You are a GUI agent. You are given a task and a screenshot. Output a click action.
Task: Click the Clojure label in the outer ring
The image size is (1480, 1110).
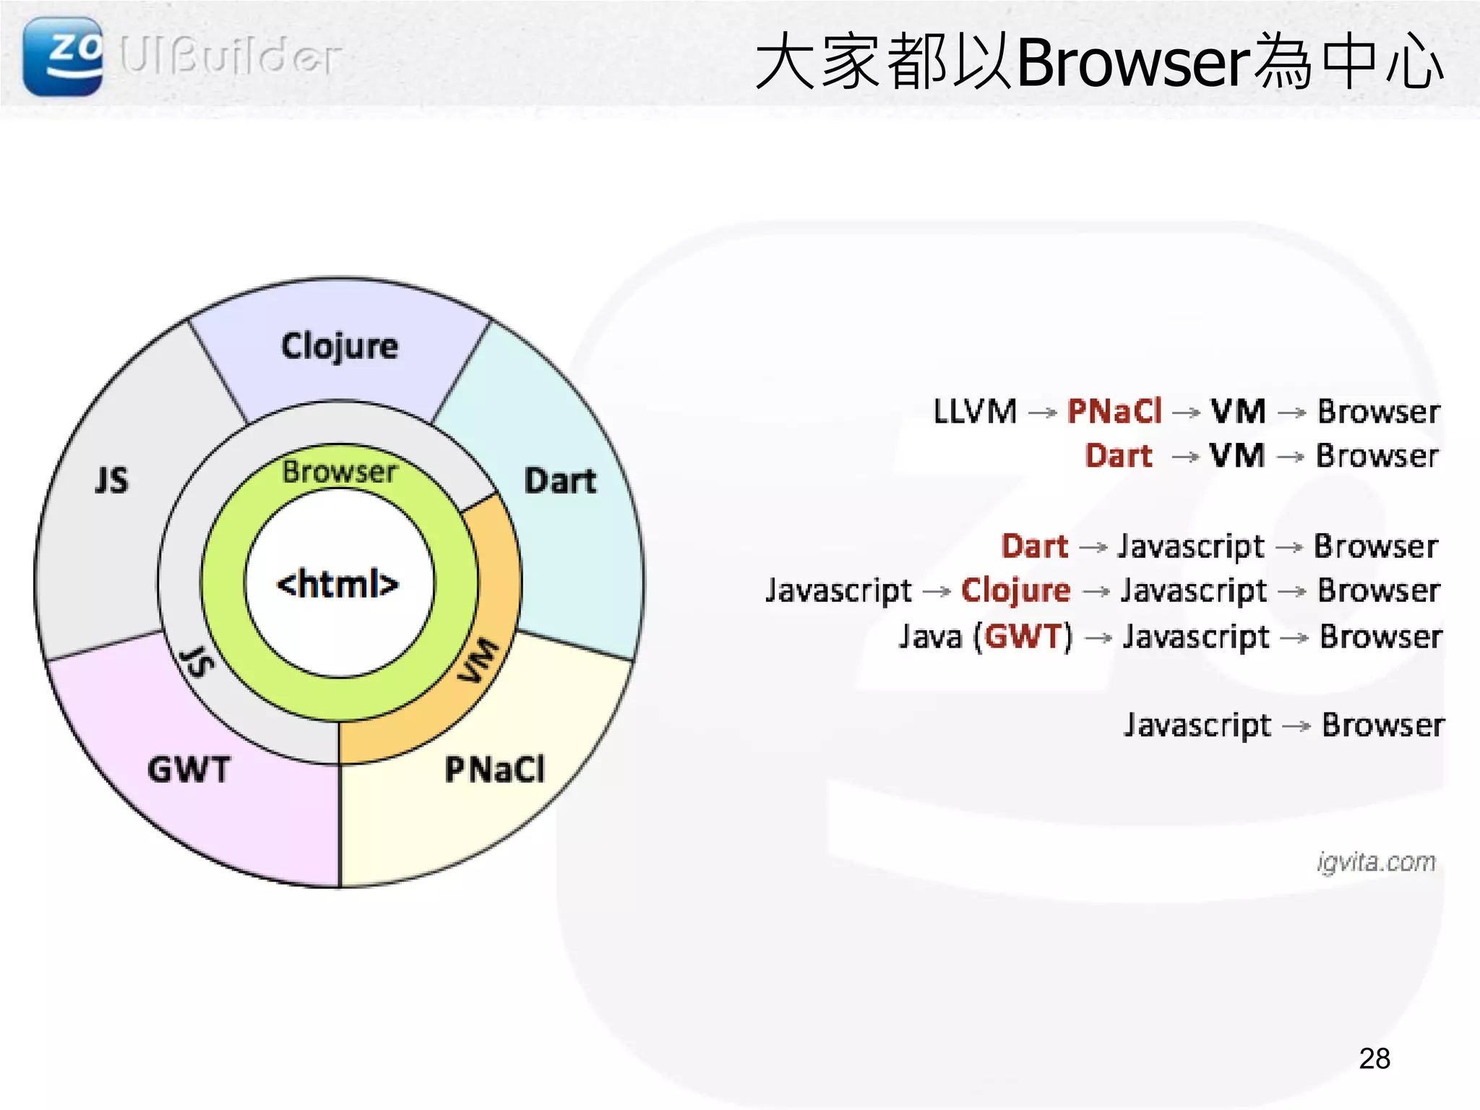pyautogui.click(x=339, y=347)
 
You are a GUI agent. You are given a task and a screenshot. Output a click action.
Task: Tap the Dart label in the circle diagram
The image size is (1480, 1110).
pyautogui.click(x=560, y=481)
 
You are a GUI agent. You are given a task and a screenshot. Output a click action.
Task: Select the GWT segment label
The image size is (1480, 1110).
pyautogui.click(x=189, y=770)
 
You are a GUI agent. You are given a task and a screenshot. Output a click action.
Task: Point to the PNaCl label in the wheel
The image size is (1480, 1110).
pyautogui.click(x=495, y=770)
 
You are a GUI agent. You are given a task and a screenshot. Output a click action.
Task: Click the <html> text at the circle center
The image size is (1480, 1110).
pyautogui.click(x=338, y=584)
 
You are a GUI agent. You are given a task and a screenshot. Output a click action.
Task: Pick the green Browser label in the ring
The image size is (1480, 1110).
pyautogui.click(x=339, y=472)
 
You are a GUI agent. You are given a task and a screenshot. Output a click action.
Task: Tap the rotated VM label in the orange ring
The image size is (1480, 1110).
pyautogui.click(x=479, y=661)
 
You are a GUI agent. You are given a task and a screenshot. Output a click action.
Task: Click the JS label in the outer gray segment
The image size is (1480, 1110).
pyautogui.click(x=112, y=481)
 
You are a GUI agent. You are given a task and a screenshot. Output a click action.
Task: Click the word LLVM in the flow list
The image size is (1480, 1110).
pyautogui.click(x=975, y=412)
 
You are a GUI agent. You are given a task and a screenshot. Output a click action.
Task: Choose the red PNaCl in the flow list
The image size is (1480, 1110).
pyautogui.click(x=1114, y=412)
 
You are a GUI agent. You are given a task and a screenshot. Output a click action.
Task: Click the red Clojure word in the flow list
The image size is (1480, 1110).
pyautogui.click(x=1015, y=591)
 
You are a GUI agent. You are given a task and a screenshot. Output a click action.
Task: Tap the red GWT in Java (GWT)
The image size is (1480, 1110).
pyautogui.click(x=1023, y=637)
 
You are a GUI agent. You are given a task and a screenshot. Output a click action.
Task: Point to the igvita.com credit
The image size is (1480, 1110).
pyautogui.click(x=1376, y=862)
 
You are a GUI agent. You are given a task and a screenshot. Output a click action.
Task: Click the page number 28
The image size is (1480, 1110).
pyautogui.click(x=1374, y=1059)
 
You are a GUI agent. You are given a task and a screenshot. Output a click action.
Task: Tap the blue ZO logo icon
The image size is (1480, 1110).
pyautogui.click(x=62, y=56)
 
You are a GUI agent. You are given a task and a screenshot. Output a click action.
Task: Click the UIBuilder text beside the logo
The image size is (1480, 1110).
pyautogui.click(x=230, y=56)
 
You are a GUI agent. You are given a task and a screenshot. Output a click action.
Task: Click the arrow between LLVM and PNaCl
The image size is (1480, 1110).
pyautogui.click(x=1042, y=413)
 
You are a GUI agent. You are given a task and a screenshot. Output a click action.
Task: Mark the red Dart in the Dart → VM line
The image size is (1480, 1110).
pyautogui.click(x=1119, y=456)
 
